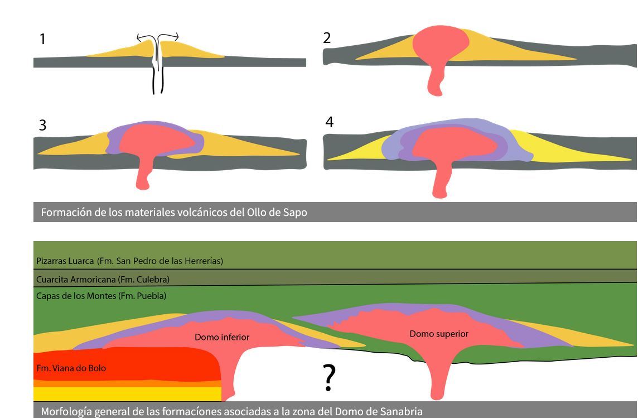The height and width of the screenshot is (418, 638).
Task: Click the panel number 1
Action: click(x=42, y=39)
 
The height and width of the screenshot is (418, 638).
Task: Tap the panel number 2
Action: click(x=327, y=38)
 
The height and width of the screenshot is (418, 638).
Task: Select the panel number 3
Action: click(x=42, y=126)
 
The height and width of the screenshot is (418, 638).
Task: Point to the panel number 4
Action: click(x=329, y=122)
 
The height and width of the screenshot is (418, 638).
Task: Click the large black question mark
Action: click(x=330, y=378)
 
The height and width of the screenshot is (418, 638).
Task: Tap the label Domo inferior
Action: click(x=222, y=337)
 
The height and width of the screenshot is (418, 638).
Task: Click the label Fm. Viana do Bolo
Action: click(x=71, y=368)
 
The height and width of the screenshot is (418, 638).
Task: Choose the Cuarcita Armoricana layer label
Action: click(x=103, y=279)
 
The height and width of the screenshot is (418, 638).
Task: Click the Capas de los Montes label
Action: click(x=101, y=296)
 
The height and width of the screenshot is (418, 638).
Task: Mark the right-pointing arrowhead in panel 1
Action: click(x=176, y=37)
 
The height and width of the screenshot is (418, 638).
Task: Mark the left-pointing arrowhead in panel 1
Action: click(x=139, y=39)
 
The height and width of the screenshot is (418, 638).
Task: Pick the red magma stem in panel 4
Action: click(x=441, y=179)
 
